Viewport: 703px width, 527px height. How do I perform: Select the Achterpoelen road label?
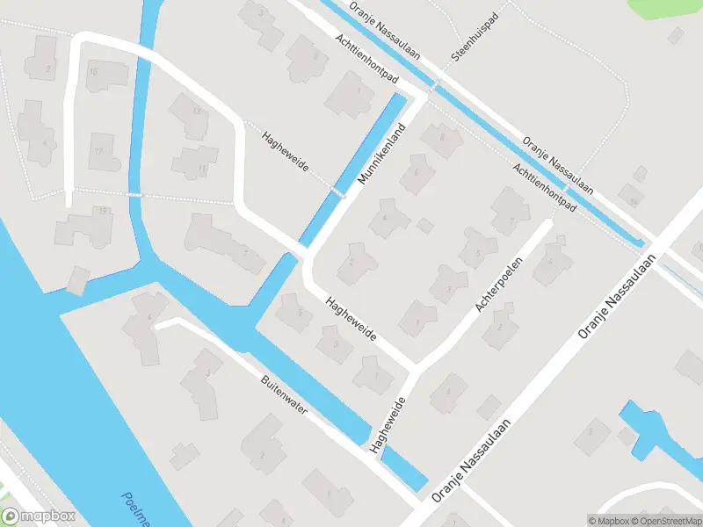click(x=498, y=285)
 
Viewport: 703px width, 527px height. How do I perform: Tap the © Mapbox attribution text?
click(x=608, y=521)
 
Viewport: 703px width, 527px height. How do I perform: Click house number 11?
click(x=202, y=167)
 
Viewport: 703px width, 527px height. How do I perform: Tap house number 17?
click(x=99, y=151)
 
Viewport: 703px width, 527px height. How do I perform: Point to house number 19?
click(x=103, y=211)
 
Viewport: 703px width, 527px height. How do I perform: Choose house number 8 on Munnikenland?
click(x=442, y=136)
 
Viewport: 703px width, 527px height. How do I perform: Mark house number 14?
click(x=632, y=201)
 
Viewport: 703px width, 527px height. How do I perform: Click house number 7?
click(x=512, y=221)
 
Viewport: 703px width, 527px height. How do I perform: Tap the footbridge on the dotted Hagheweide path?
click(x=337, y=191)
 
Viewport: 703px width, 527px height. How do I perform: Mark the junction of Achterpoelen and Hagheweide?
click(x=417, y=367)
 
